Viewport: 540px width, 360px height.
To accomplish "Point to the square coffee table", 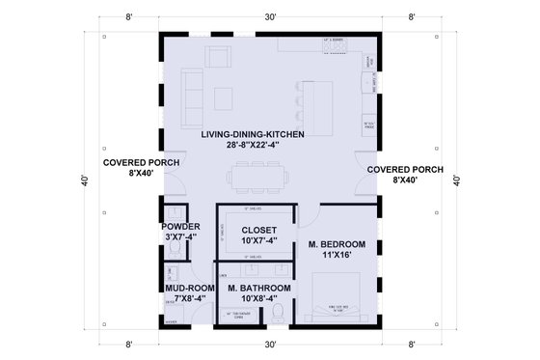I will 225,98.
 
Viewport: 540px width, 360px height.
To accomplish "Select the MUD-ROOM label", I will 179,293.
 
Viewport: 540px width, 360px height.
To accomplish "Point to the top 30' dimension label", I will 269,16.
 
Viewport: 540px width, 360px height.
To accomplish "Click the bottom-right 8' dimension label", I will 413,343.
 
